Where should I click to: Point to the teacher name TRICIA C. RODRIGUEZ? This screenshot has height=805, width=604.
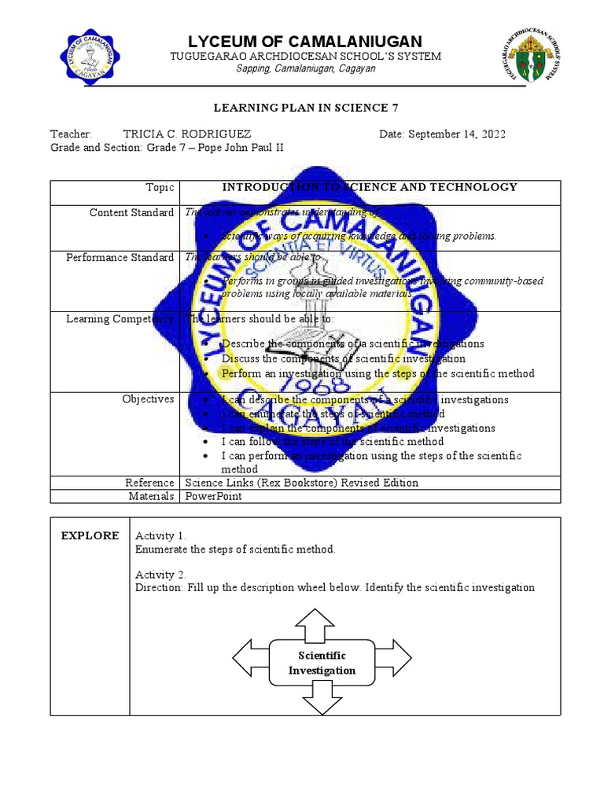(188, 134)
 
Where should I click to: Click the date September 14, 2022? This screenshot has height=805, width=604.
(442, 134)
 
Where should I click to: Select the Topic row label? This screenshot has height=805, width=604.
(160, 187)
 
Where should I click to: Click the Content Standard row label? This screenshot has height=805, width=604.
(131, 213)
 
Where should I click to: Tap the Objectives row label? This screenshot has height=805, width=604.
(148, 399)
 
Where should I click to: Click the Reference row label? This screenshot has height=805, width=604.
(149, 483)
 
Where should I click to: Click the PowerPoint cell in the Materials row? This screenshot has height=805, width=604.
(213, 496)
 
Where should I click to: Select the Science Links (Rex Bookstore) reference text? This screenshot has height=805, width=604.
(301, 483)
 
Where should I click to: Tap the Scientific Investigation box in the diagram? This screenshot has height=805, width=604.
(322, 663)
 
